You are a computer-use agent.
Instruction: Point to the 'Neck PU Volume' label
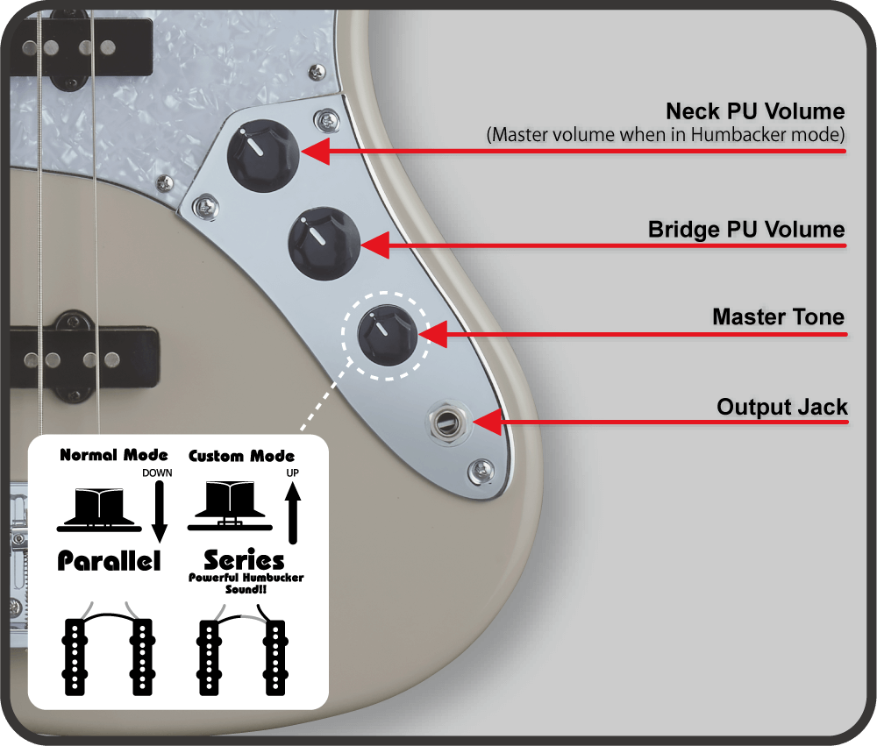click(755, 111)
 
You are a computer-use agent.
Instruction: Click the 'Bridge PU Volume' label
click(746, 230)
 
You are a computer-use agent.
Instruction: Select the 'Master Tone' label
click(778, 316)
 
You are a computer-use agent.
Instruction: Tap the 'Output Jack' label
click(782, 407)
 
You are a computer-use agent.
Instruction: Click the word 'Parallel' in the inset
click(110, 561)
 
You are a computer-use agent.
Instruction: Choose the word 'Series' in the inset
click(244, 559)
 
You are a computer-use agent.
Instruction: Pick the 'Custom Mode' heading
click(242, 456)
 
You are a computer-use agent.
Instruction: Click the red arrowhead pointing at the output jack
click(489, 422)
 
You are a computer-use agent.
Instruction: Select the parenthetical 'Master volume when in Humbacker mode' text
click(666, 135)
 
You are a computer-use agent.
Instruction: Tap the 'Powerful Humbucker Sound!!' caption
click(246, 584)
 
